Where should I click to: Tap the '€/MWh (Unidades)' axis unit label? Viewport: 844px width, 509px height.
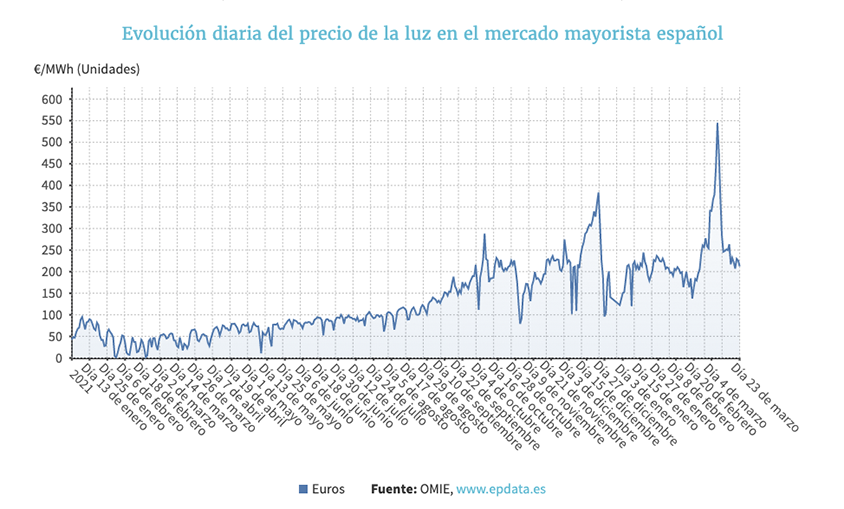pos(86,69)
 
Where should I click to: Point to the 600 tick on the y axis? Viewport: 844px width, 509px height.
pos(51,99)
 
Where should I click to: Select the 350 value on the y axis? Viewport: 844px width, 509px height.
pos(51,207)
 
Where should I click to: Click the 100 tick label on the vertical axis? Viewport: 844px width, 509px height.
pos(51,315)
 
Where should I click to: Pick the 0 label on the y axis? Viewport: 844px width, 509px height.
pos(59,358)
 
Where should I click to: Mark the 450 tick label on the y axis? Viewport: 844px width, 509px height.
pos(51,164)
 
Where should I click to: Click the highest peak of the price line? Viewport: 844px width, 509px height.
pos(717,124)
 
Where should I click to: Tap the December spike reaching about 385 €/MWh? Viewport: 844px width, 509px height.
pos(598,193)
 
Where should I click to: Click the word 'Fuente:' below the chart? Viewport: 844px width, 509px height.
pos(394,489)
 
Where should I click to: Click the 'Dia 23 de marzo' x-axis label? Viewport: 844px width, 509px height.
pos(765,394)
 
